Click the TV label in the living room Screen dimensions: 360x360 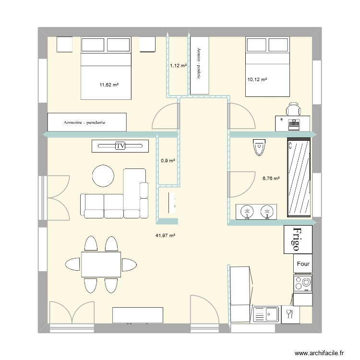pos(120,146)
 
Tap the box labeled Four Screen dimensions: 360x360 pos(303,264)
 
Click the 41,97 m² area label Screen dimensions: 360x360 pos(165,235)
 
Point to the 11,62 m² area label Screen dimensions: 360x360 pos(109,85)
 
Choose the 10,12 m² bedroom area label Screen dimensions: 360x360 pos(257,80)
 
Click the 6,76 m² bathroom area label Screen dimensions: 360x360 pos(271,178)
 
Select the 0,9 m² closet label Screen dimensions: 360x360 pos(168,161)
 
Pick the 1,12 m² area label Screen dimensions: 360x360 pos(178,66)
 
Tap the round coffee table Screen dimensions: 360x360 pos(104,176)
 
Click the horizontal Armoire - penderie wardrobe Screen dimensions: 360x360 pos(87,122)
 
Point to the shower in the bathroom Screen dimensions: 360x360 pos(299,178)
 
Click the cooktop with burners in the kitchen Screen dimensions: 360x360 pos(303,283)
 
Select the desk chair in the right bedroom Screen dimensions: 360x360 pos(293,108)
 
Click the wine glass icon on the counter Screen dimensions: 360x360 pos(289,314)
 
